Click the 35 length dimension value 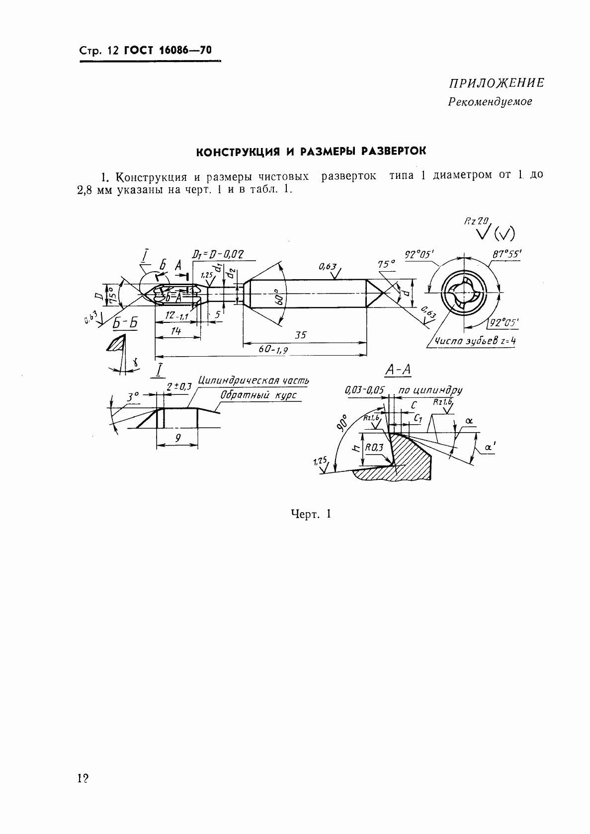coord(301,335)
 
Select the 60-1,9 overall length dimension coord(273,350)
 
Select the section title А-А coord(398,370)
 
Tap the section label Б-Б coord(125,323)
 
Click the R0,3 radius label coord(374,448)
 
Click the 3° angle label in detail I coord(132,397)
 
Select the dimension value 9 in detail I coord(177,438)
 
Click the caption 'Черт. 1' coord(311,514)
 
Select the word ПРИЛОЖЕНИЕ coord(496,83)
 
